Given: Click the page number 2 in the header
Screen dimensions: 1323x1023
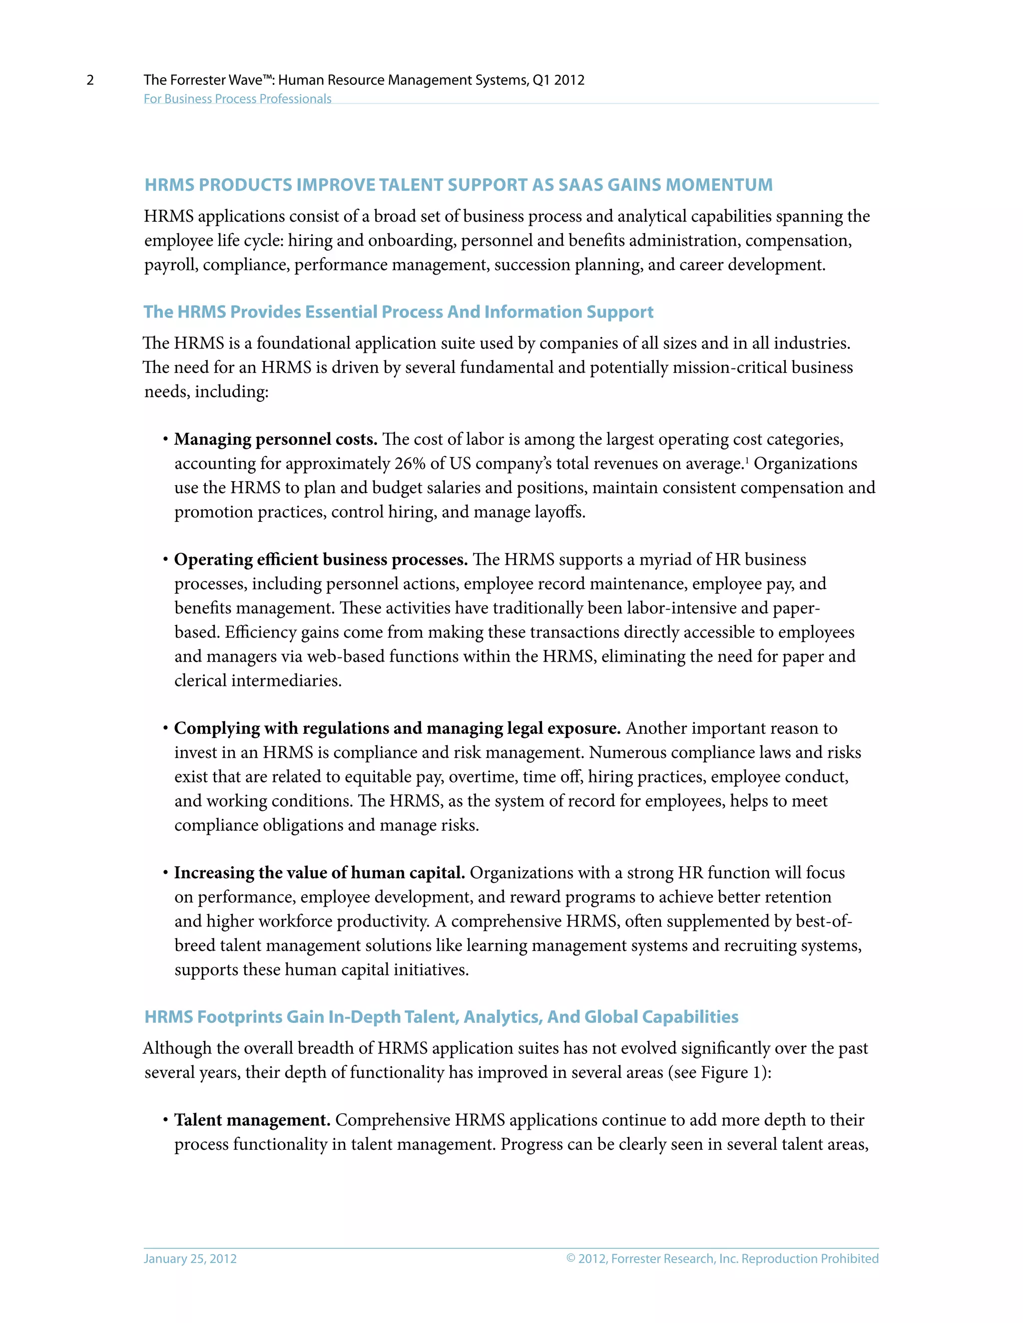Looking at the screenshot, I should pyautogui.click(x=90, y=80).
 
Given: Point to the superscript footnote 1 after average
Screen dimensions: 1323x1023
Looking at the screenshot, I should pyautogui.click(x=747, y=460).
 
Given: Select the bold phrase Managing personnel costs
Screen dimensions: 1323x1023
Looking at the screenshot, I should pyautogui.click(x=276, y=439).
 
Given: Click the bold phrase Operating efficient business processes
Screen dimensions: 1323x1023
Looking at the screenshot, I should pyautogui.click(x=321, y=560).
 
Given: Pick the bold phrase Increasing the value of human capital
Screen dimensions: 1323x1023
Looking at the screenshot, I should pyautogui.click(x=319, y=873).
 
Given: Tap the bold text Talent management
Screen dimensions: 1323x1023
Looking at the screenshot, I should pyautogui.click(x=252, y=1120).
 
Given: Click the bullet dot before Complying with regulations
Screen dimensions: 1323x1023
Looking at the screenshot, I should pyautogui.click(x=165, y=728).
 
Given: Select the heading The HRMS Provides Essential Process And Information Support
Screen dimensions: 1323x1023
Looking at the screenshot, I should pyautogui.click(x=398, y=312).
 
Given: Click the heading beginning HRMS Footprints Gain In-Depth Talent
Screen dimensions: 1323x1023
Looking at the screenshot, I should pyautogui.click(x=441, y=1017).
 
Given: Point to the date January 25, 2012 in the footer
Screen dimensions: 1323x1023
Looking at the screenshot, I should pyautogui.click(x=190, y=1259).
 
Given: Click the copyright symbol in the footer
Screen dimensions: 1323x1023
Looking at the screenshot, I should pyautogui.click(x=570, y=1259).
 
